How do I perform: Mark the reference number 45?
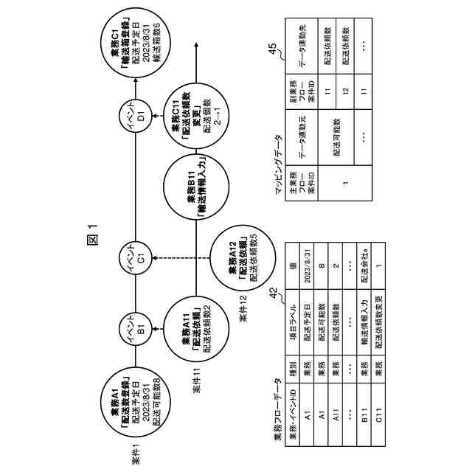tap(274, 50)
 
